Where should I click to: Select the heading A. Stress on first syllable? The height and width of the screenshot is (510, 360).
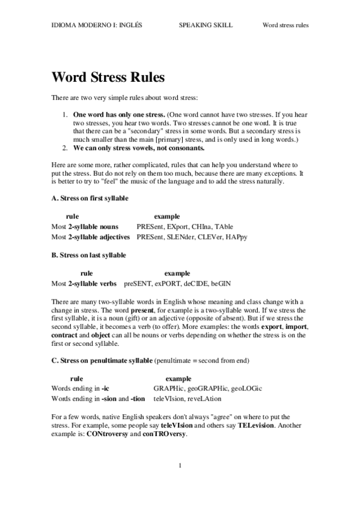pyautogui.click(x=90, y=198)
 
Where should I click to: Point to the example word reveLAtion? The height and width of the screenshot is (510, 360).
pyautogui.click(x=204, y=399)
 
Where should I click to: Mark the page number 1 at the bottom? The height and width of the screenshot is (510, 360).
pyautogui.click(x=180, y=467)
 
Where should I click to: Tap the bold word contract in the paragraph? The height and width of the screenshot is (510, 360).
pyautogui.click(x=64, y=335)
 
